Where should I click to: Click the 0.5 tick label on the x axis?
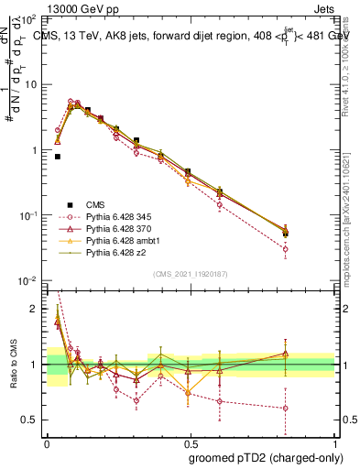189,441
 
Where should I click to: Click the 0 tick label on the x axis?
47,441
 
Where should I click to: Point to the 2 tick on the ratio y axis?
38,309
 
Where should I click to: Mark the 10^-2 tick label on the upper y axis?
30,280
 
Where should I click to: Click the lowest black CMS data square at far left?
57,157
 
